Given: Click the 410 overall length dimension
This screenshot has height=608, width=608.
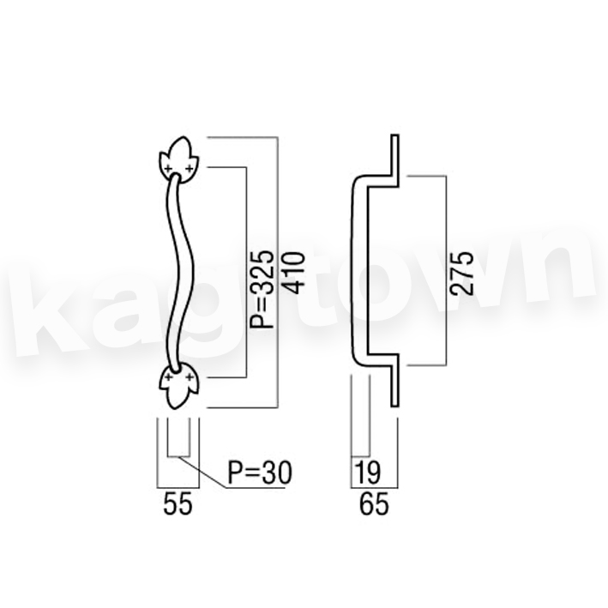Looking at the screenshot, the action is (293, 273).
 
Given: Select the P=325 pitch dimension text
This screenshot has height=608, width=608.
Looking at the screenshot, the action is (262, 289).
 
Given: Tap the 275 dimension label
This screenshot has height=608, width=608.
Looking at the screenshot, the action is (461, 274).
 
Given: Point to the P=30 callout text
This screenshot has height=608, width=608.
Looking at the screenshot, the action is (260, 473).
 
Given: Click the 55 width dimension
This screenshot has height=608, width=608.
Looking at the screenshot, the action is (178, 503).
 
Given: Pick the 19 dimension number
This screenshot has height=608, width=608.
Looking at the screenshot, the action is (368, 473).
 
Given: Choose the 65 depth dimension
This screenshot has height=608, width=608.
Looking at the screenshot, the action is (374, 503).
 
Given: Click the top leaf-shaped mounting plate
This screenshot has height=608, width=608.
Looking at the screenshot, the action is (178, 160).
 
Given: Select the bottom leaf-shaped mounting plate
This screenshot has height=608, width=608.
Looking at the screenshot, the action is (178, 387).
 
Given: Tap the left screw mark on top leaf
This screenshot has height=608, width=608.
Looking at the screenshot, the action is (168, 168).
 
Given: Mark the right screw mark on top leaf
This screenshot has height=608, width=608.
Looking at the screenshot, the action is (190, 168).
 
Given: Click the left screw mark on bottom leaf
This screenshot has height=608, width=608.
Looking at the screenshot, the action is (168, 376).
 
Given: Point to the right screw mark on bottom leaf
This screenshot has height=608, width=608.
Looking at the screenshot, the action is (190, 376).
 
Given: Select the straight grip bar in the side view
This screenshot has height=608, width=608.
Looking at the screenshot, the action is (359, 270).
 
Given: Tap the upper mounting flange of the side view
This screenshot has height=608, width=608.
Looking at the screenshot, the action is (394, 160).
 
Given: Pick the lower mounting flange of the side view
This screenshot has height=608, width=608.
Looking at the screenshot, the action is (394, 381).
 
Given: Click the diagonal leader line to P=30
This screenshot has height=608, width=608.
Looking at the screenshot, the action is (202, 472).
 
